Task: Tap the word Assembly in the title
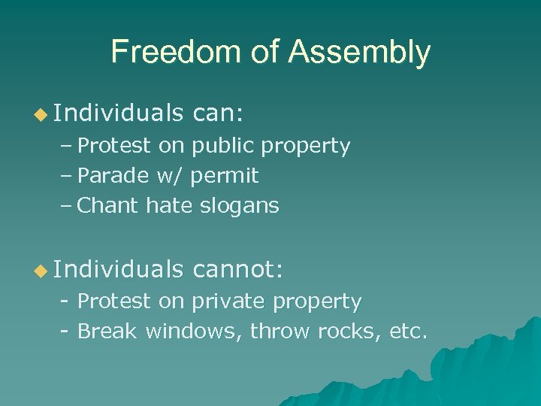[359, 52]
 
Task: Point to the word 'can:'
[218, 114]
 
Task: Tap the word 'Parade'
[113, 176]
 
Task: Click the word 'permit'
[224, 177]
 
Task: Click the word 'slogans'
[239, 205]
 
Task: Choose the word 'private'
[228, 301]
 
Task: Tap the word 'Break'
[107, 331]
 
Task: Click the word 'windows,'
[194, 331]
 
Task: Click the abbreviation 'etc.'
[408, 331]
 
